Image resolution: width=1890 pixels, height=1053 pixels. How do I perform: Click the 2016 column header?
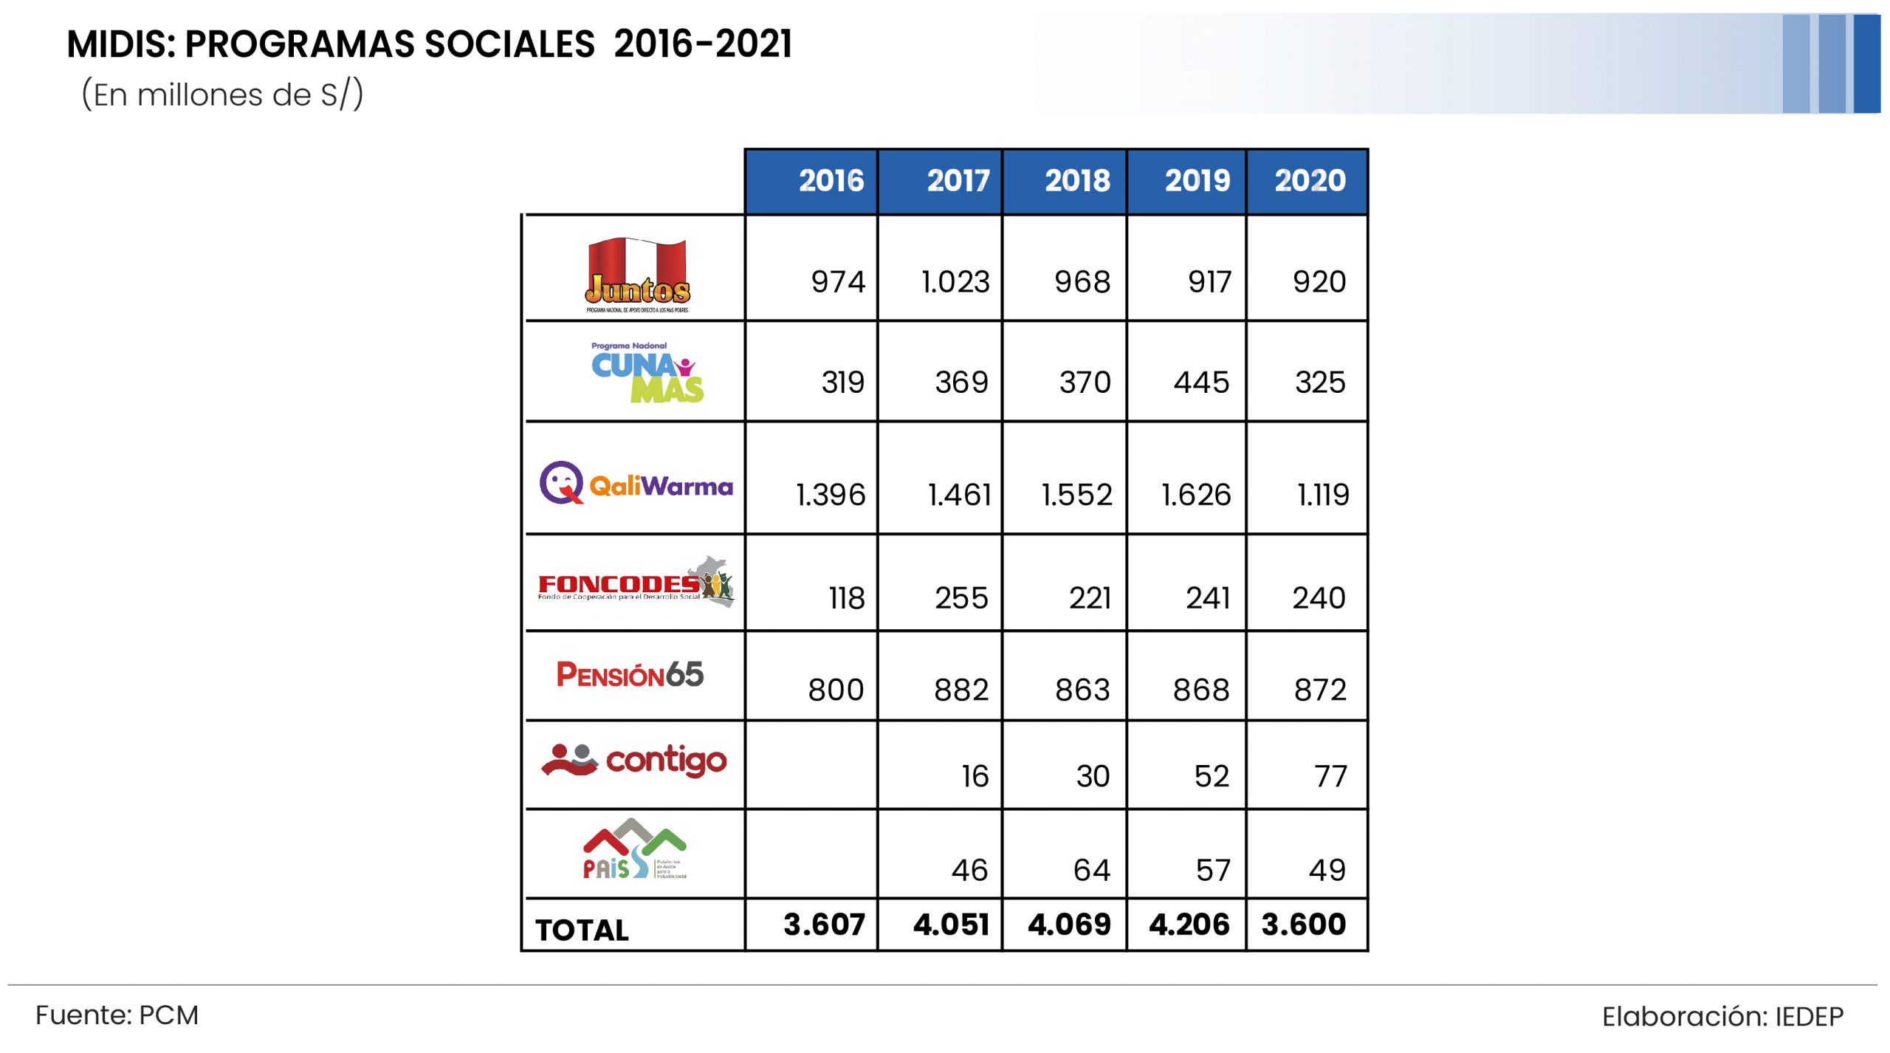tap(831, 181)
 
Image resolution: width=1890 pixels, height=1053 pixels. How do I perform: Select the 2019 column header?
tap(1197, 181)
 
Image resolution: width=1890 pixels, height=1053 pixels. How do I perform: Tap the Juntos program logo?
tap(637, 275)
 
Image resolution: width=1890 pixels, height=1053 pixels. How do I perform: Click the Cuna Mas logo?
tap(647, 373)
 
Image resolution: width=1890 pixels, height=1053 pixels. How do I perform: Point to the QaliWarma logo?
tap(636, 484)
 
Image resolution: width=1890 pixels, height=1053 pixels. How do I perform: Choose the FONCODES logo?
tap(636, 583)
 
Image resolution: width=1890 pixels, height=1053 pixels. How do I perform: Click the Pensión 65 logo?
tap(630, 674)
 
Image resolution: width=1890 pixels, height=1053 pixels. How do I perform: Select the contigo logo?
tap(634, 760)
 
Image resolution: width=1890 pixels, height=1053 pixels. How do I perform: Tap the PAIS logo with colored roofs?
tap(634, 849)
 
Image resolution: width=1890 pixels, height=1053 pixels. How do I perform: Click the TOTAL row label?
tap(582, 930)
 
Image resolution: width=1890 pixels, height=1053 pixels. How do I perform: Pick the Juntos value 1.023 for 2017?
tap(955, 282)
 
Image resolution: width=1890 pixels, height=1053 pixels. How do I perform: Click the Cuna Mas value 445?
tap(1201, 383)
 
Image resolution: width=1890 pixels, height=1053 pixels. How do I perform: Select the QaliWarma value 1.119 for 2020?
tap(1323, 495)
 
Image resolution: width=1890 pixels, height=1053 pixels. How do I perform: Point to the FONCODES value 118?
tap(846, 598)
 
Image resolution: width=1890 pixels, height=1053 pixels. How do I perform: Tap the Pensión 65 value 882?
tap(961, 690)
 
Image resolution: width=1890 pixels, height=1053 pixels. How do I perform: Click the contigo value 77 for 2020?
tap(1330, 777)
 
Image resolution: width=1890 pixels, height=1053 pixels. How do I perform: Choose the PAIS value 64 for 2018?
tap(1091, 871)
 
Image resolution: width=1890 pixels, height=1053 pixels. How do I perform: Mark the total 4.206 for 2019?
tap(1189, 925)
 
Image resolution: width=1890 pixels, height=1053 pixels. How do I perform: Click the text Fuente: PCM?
tap(117, 1015)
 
